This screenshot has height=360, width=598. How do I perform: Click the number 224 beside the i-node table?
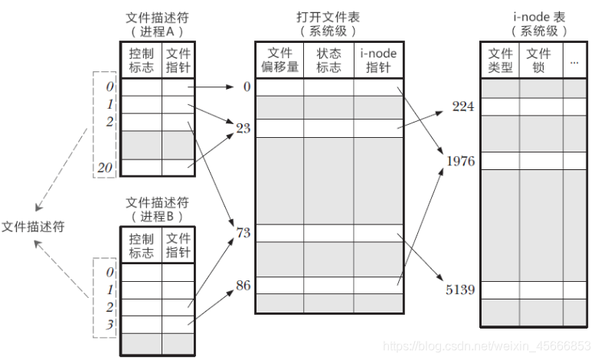464,107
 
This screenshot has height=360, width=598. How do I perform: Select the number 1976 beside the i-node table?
462,162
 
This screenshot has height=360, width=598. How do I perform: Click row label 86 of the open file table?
243,286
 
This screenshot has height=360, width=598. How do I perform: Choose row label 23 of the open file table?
243,128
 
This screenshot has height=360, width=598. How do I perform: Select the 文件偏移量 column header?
279,60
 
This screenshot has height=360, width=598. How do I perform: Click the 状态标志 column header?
328,60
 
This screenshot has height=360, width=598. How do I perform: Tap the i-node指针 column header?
377,60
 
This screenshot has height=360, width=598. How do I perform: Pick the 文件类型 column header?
500,60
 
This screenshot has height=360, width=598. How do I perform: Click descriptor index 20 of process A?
107,168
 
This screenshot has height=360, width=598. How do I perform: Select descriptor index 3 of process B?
109,325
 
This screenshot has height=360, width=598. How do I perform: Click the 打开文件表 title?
327,16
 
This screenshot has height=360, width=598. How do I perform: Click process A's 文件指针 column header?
178,60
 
